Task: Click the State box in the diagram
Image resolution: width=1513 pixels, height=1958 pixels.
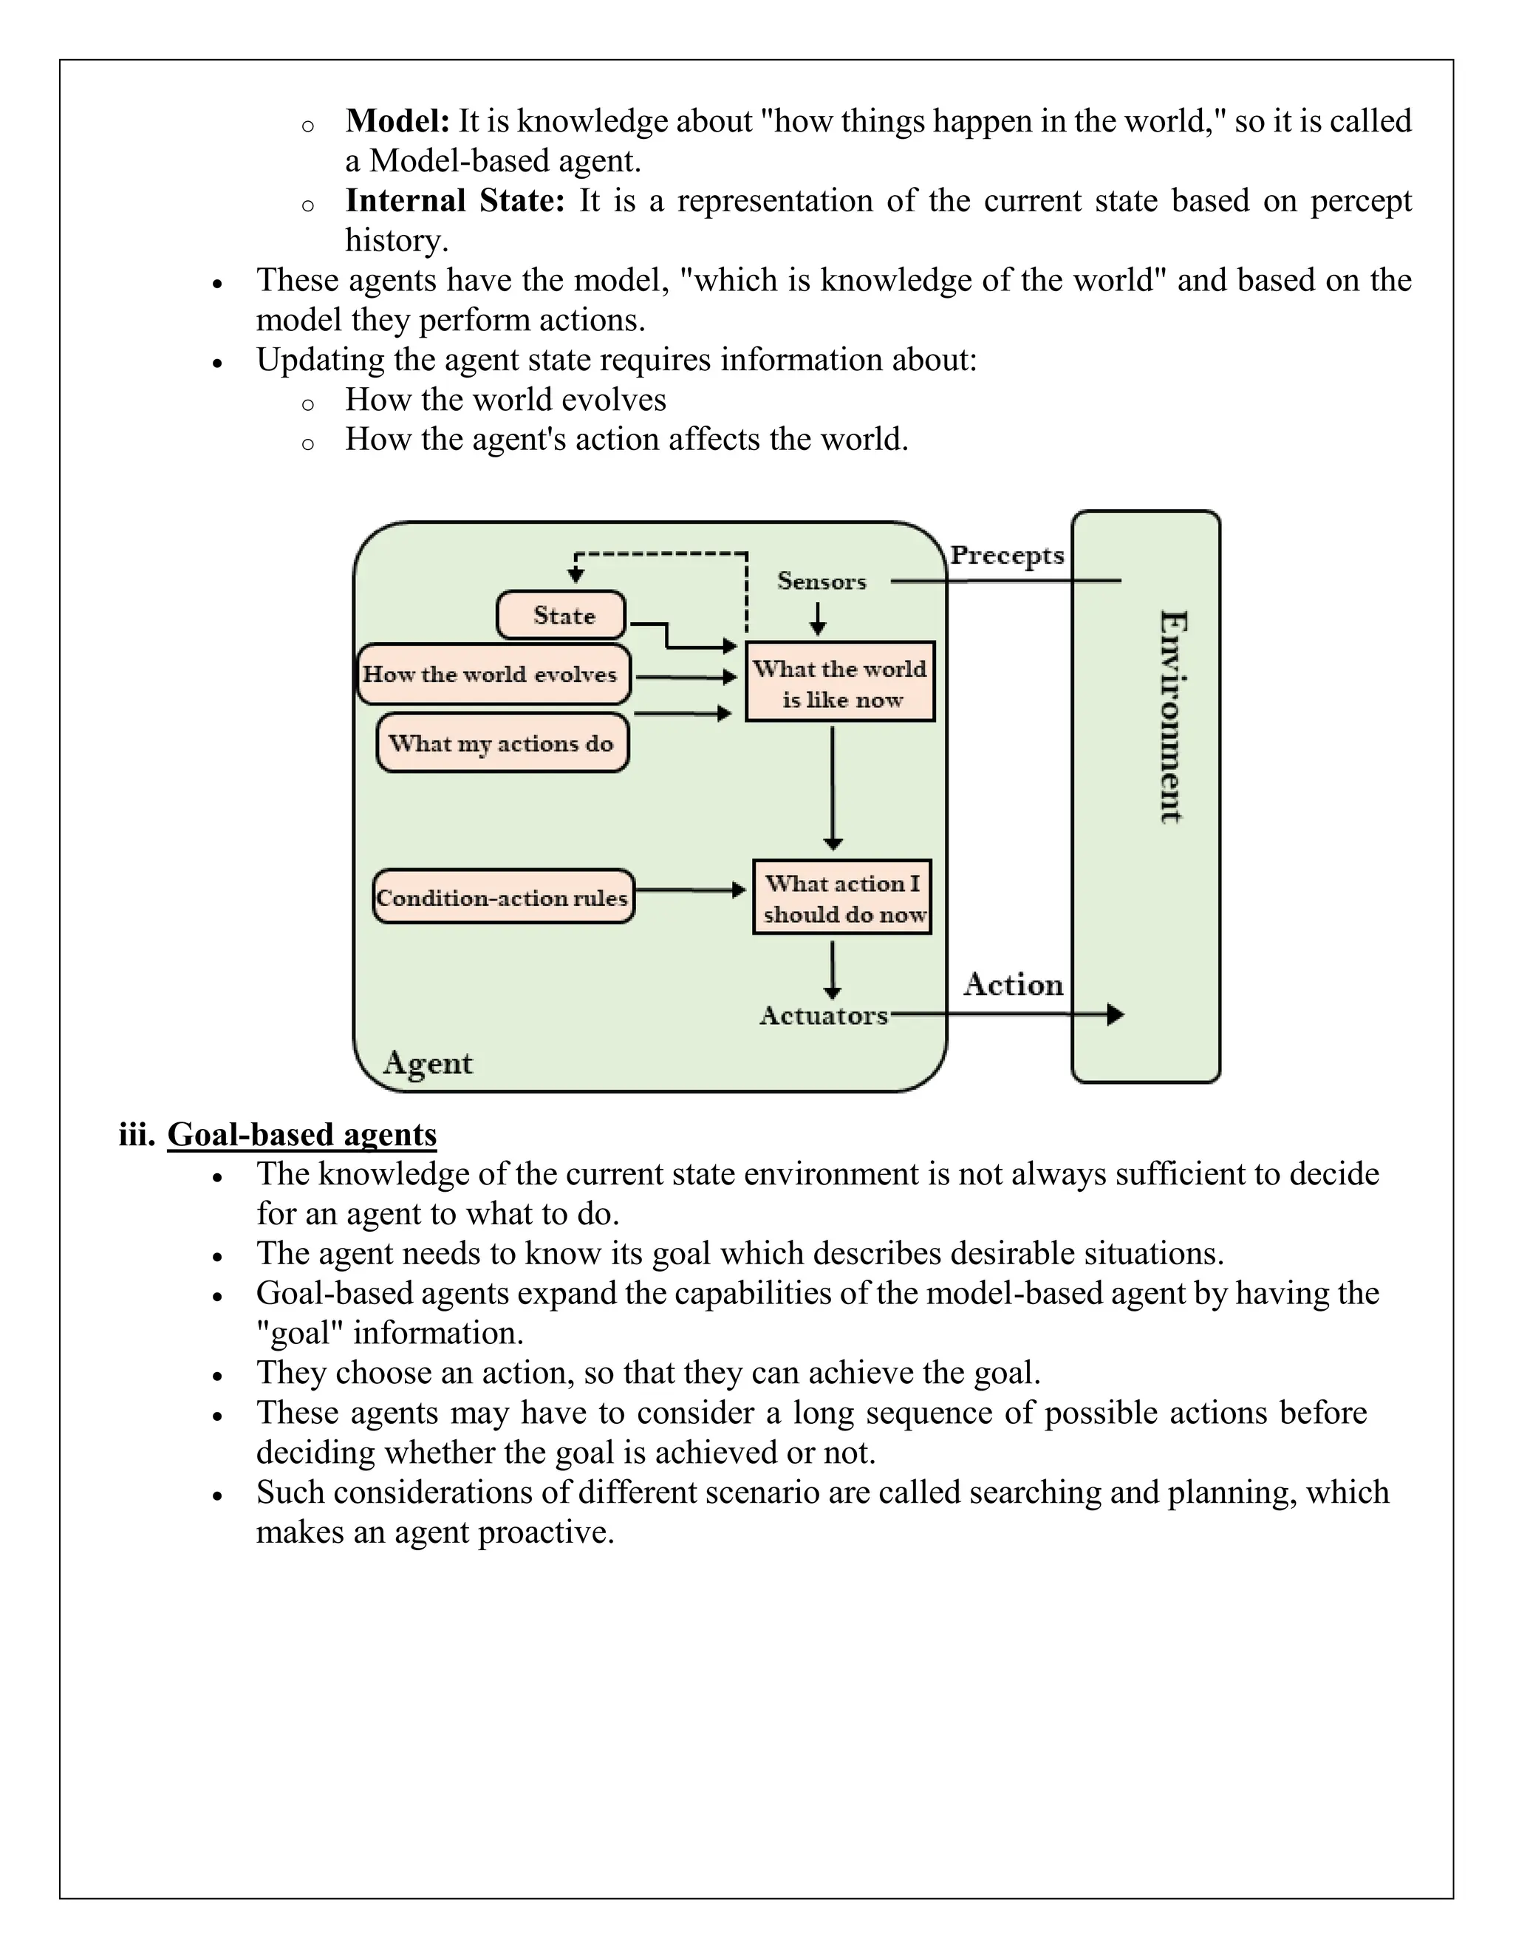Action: tap(562, 615)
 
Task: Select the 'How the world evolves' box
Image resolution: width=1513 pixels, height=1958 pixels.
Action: tap(492, 674)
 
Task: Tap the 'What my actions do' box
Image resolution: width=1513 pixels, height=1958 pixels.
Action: tap(502, 743)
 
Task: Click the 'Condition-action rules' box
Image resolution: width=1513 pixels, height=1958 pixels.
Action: tap(503, 898)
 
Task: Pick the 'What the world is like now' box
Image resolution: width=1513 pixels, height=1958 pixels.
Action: tap(840, 682)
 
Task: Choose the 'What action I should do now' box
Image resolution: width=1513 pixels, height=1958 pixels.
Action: tap(841, 898)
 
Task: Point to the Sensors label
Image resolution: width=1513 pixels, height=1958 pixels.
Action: tap(821, 581)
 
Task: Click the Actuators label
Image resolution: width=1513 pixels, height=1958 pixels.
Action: tap(823, 1016)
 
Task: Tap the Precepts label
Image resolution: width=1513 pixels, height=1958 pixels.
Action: tap(1007, 556)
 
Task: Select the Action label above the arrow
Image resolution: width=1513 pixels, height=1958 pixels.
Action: tap(1013, 984)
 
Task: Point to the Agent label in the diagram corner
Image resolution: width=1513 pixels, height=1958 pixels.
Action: tap(428, 1063)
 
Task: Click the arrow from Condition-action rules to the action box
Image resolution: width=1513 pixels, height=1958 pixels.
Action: tap(690, 890)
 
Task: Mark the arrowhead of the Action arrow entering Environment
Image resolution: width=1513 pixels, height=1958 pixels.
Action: tap(1114, 1015)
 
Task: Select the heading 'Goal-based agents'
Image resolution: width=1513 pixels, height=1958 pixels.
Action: tap(302, 1135)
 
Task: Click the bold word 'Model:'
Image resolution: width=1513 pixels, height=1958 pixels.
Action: tap(397, 121)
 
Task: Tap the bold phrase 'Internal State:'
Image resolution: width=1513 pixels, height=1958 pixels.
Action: tap(454, 201)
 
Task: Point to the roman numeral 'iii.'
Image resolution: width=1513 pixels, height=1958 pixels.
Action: tap(137, 1135)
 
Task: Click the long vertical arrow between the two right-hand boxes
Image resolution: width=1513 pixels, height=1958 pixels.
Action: tap(833, 787)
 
